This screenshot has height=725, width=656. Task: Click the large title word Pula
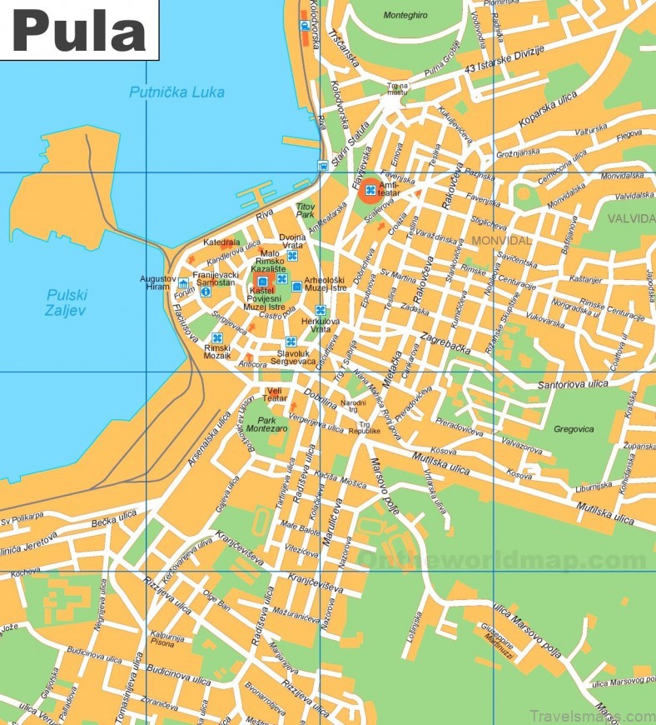point(78,31)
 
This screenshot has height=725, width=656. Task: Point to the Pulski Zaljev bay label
point(67,302)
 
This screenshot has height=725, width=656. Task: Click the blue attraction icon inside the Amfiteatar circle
point(370,191)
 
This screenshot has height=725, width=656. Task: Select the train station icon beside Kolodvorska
point(306,24)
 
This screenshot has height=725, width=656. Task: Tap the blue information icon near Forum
point(205,292)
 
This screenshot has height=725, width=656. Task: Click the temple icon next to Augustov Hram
point(182,284)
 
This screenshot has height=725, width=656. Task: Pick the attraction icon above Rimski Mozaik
point(217,338)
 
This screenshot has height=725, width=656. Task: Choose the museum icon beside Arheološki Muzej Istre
point(296,287)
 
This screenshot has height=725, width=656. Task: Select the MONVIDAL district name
point(500,240)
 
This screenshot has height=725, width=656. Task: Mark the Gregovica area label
point(574,429)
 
